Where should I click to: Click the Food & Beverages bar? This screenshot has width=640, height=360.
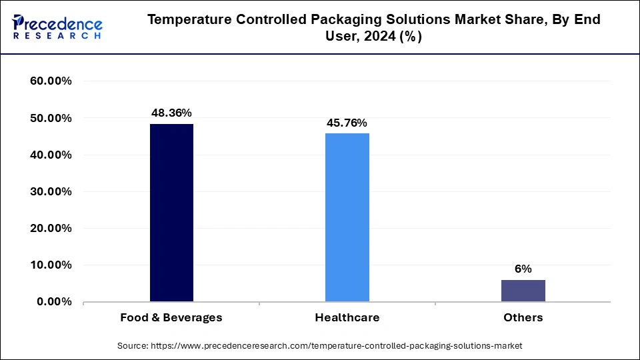coord(171,213)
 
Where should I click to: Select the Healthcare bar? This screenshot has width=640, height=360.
coord(347,217)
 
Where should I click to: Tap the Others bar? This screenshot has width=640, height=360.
coord(523,291)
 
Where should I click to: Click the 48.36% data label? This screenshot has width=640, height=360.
coord(171,113)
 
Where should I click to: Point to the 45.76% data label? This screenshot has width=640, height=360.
coord(347,123)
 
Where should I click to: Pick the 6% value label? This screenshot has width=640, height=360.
coord(523,269)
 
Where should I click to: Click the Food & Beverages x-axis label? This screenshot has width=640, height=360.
coord(171,317)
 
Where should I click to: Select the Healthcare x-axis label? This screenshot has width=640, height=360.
coord(347,317)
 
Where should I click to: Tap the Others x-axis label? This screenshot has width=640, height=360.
coord(523,317)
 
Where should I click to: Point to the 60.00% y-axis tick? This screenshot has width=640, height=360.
coord(51,81)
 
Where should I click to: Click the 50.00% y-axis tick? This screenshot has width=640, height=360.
coord(51,118)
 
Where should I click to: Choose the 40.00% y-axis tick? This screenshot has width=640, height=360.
coord(51,155)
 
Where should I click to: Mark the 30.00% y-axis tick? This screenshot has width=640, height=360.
coord(51,191)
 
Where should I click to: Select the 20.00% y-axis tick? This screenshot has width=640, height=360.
coord(51,228)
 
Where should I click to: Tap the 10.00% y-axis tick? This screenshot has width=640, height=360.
coord(51,265)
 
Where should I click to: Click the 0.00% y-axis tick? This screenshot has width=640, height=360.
coord(54,301)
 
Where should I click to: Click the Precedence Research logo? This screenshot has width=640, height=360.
coord(57,27)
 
